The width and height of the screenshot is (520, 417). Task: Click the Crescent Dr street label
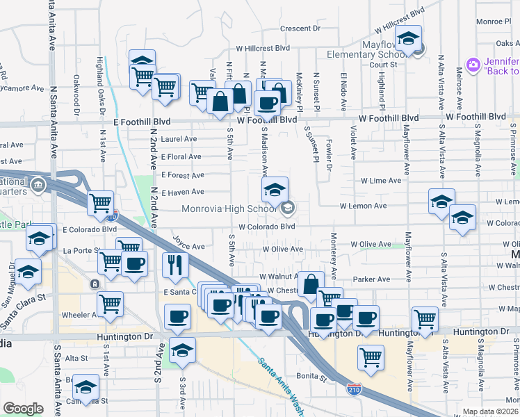(x=300, y=28)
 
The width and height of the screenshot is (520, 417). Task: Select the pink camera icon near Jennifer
(x=473, y=65)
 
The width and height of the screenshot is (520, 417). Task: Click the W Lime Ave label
(x=380, y=180)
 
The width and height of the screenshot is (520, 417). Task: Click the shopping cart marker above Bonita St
(x=371, y=357)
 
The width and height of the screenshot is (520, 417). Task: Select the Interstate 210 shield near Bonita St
(x=354, y=388)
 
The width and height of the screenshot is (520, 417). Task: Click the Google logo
(x=23, y=408)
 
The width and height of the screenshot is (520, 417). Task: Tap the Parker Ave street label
(x=371, y=279)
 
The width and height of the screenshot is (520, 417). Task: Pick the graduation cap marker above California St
(x=86, y=386)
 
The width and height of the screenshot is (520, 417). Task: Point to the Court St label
(x=383, y=65)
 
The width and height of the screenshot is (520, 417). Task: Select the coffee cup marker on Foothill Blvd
(x=266, y=103)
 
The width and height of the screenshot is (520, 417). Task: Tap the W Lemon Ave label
(x=363, y=206)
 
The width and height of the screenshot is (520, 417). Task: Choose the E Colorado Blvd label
(x=89, y=229)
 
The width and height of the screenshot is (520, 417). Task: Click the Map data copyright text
(x=490, y=411)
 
